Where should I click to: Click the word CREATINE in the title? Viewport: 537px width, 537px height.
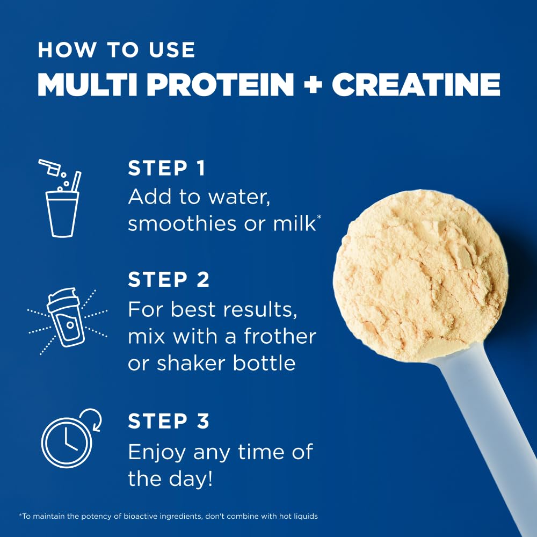(x=416, y=85)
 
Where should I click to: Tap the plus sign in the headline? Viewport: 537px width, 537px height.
(x=313, y=85)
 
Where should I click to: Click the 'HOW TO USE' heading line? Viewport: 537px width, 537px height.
(x=116, y=49)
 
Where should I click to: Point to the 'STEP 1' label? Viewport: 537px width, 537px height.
(x=166, y=168)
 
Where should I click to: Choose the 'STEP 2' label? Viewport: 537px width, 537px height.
(x=169, y=280)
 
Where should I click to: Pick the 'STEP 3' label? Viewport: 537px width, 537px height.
(x=169, y=422)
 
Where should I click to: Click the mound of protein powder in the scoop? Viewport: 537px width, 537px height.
(x=419, y=274)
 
